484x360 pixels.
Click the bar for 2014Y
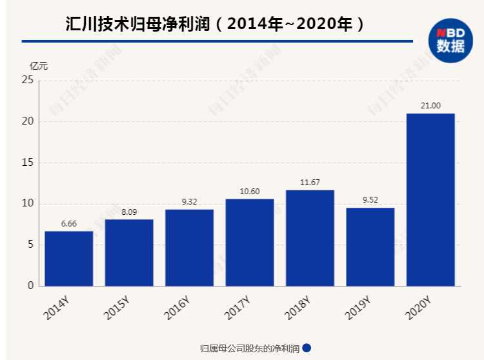[x=69, y=258]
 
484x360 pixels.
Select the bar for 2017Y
[x=250, y=242]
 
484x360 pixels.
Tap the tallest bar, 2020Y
[x=430, y=200]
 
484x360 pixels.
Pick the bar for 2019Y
[x=370, y=246]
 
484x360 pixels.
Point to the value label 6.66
[x=69, y=223]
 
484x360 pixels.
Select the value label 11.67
[x=310, y=183]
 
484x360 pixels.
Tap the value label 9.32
[x=189, y=201]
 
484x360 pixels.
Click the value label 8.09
[x=129, y=212]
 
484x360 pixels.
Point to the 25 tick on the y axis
[x=27, y=81]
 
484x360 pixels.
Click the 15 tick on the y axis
[x=27, y=163]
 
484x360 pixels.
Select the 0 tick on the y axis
[x=30, y=286]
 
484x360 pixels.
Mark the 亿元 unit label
[x=39, y=65]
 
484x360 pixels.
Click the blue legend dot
[x=307, y=348]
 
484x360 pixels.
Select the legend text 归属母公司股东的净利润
[x=250, y=348]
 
